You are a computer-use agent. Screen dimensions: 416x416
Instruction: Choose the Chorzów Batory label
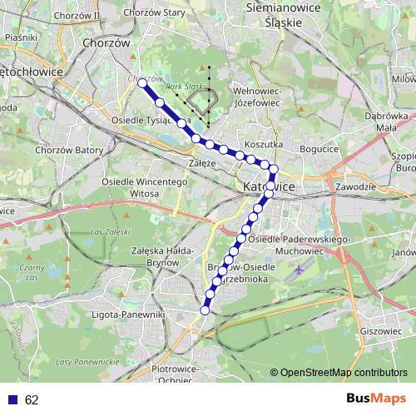coord(70,151)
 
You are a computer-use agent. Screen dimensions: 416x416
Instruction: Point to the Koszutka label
coord(266,144)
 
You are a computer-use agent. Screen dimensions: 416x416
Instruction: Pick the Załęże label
coord(202,164)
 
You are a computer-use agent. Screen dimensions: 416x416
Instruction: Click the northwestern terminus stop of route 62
coord(142,84)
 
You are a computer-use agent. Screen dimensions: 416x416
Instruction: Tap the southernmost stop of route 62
coord(205,310)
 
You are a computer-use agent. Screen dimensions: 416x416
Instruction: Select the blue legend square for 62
coord(12,400)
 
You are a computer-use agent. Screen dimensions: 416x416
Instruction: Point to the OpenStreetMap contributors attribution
coord(344,373)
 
